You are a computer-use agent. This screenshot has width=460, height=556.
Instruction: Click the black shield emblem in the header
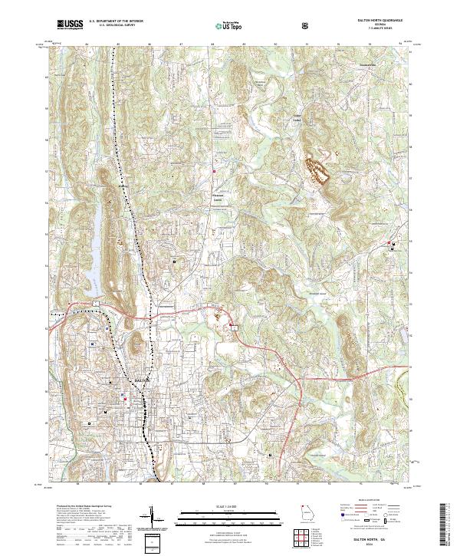pos(304,25)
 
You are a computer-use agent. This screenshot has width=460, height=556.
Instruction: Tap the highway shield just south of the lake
pos(97,304)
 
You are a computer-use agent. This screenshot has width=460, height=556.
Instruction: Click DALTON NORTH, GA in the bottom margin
pos(379,539)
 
